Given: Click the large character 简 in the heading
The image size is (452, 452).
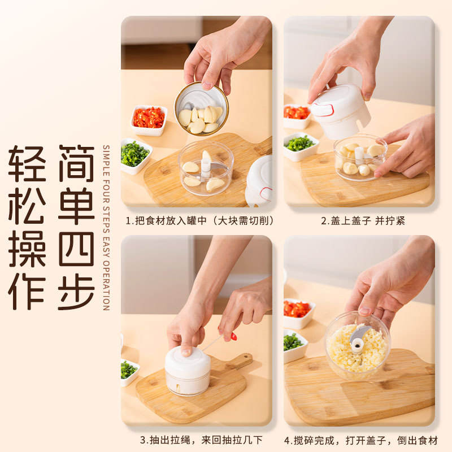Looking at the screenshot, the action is tap(76, 163).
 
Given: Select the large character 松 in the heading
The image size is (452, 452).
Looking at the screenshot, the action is tap(27, 206).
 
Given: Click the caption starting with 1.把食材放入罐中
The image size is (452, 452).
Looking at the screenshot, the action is tap(199, 221).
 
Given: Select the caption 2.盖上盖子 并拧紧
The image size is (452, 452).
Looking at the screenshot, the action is tap(363, 221).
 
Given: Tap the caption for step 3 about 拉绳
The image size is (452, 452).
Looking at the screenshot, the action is tap(201, 440).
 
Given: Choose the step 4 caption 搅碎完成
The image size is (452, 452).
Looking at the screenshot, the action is tap(361, 440).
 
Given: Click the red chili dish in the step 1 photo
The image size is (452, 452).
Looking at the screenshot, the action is tap(149, 120).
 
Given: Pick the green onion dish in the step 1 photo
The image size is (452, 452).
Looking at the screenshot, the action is tap(135, 155).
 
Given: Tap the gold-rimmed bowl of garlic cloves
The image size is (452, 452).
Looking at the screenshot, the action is tap(201, 108).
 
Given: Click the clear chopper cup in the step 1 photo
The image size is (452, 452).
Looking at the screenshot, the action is tap(206, 168).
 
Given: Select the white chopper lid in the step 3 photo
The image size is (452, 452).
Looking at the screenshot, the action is tap(188, 362).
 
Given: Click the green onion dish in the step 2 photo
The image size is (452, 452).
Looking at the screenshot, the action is tap(300, 146).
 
